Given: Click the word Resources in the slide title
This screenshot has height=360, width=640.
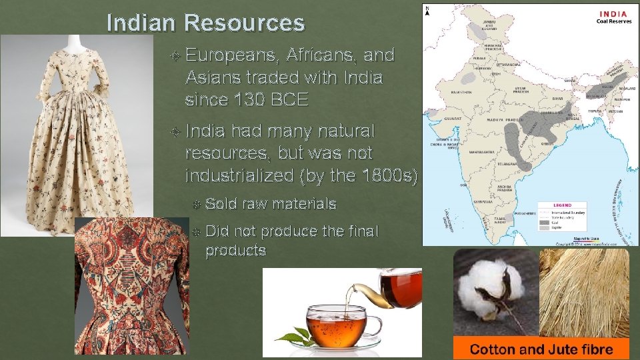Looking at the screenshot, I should (x=245, y=23).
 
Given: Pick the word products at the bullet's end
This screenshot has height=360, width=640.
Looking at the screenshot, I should (x=236, y=251).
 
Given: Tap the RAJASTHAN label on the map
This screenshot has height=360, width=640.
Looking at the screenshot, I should (x=464, y=92).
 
